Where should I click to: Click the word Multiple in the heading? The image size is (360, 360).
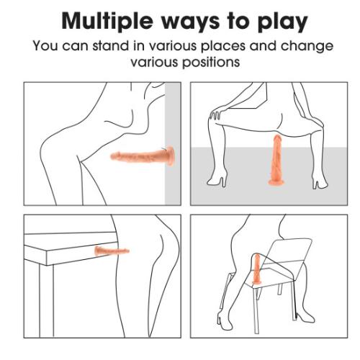107,21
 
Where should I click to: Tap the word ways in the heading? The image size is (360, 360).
190,23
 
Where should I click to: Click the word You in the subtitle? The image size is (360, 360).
45,45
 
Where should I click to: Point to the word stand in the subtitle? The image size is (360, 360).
111,45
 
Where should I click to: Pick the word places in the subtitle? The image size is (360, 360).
223,46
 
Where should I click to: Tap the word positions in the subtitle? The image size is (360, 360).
211,62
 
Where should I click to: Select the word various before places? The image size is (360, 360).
173,45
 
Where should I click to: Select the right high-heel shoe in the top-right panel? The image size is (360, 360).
320,181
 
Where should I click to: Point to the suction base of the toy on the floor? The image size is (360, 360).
276,182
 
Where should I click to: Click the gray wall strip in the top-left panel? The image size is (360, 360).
173,143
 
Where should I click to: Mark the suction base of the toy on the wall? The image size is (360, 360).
170,156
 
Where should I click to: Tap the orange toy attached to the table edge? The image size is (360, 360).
112,251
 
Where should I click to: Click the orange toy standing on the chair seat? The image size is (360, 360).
257,269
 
